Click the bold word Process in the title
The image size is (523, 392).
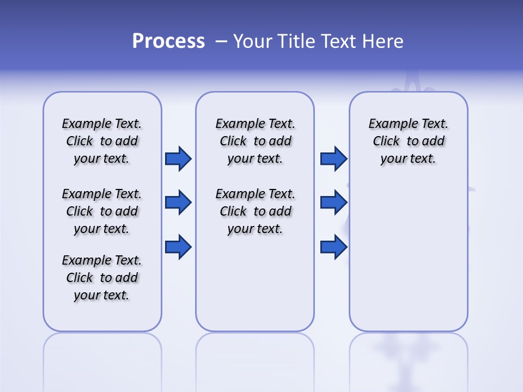pos(168,41)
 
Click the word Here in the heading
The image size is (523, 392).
pos(384,41)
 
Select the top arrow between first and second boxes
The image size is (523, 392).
pos(178,159)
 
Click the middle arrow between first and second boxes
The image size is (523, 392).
pos(178,203)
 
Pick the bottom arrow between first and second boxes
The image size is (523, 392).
pos(178,247)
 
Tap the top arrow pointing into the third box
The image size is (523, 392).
pos(333,159)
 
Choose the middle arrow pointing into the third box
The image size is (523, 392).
pos(333,203)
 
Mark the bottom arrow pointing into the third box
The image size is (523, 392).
pos(333,247)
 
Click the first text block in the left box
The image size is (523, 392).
pos(102,141)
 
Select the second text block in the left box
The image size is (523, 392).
pos(102,211)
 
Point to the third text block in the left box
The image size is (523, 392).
pos(102,278)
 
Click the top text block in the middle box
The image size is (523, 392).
pos(255,141)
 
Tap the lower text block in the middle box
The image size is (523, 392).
pos(255,211)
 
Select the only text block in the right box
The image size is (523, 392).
pos(408,141)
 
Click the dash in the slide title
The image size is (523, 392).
pos(221,41)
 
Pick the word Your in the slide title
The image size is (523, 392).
pos(253,41)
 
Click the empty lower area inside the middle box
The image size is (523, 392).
pos(255,283)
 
